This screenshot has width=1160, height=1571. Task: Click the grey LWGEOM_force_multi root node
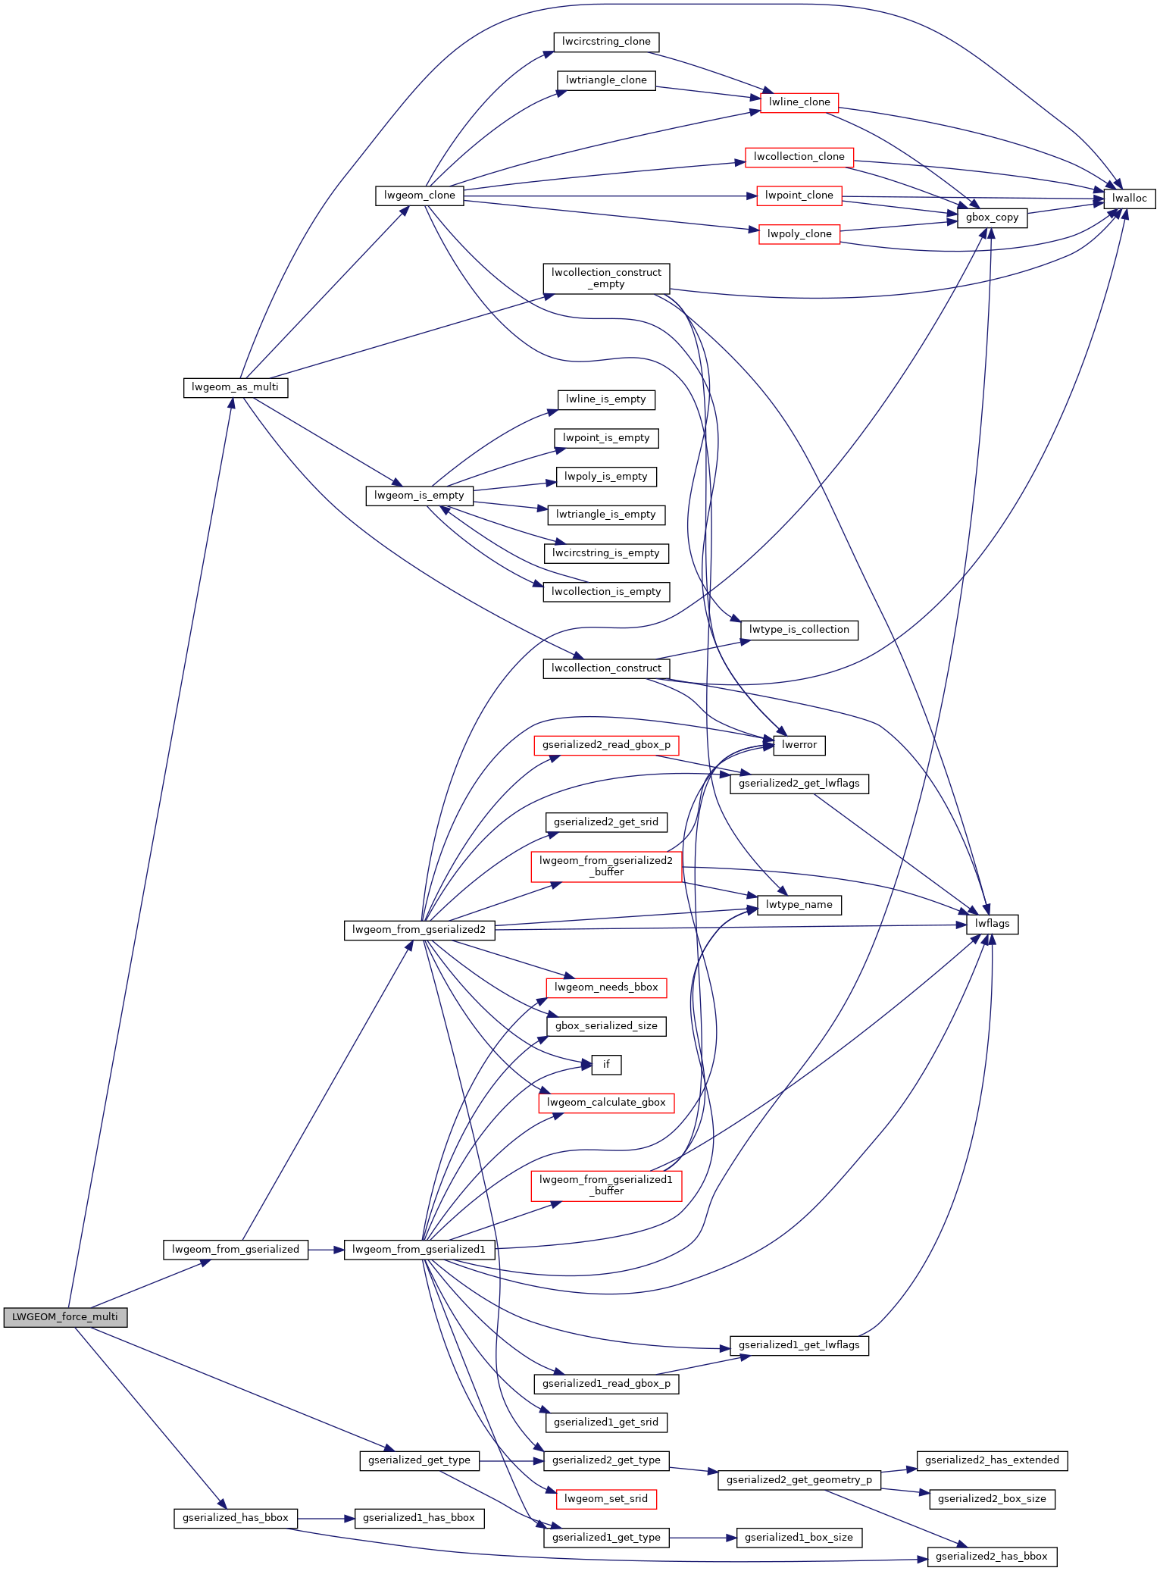[x=65, y=1317]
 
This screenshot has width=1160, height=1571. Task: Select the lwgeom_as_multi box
[x=235, y=387]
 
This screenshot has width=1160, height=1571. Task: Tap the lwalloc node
[x=1130, y=199]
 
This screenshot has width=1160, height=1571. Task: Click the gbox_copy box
[x=992, y=217]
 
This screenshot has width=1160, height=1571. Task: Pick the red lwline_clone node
[x=799, y=102]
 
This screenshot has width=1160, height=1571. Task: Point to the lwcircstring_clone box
[x=606, y=42]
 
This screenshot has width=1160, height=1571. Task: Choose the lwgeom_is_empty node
[x=419, y=496]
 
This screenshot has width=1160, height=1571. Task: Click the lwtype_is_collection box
[x=799, y=630]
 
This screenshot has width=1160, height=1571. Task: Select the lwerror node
[x=799, y=745]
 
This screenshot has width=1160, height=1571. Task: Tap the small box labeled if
[x=606, y=1065]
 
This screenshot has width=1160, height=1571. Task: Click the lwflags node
[x=992, y=924]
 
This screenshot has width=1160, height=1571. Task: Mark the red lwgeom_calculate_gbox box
[x=606, y=1103]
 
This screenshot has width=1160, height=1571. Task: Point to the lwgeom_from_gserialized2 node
[x=419, y=930]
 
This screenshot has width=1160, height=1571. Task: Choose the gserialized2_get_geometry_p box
[x=799, y=1480]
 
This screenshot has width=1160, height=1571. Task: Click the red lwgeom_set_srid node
[x=606, y=1499]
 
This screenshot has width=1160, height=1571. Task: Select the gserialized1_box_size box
[x=799, y=1538]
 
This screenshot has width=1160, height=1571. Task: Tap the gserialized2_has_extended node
[x=992, y=1460]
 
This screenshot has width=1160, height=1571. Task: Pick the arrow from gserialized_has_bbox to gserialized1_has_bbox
[x=326, y=1519]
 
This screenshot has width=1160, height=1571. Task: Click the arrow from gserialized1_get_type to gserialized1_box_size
[x=702, y=1538]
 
